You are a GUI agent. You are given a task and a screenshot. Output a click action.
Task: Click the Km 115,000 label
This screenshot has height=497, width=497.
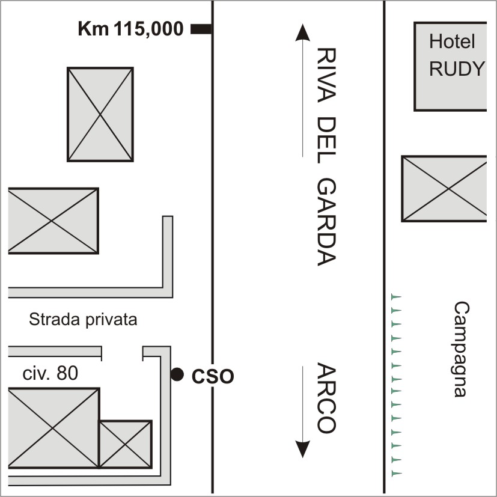[x=130, y=28]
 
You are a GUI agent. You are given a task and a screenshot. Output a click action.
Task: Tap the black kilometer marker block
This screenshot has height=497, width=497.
[x=201, y=28]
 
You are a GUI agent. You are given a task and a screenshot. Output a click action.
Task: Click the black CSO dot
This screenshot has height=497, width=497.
[x=177, y=374]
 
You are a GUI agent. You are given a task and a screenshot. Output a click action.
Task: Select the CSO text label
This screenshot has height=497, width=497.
[x=212, y=377]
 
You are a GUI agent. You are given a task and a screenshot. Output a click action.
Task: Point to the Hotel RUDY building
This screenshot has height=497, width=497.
[x=450, y=67]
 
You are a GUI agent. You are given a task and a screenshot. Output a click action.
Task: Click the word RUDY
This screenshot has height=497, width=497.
[x=457, y=70]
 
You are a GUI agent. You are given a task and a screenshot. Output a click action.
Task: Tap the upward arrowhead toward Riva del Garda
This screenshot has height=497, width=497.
[x=303, y=32]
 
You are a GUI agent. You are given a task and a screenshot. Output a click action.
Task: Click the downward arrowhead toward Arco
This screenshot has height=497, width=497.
[x=303, y=448]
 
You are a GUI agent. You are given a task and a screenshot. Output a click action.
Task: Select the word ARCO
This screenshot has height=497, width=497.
[x=325, y=398]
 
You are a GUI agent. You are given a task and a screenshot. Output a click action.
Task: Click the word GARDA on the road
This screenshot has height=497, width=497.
[x=325, y=222]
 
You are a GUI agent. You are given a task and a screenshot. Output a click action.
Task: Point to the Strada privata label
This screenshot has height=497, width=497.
[x=83, y=320]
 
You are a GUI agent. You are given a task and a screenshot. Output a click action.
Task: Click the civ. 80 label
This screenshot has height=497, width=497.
[x=50, y=373]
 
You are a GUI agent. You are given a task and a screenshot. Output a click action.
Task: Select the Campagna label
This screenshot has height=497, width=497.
[x=460, y=349]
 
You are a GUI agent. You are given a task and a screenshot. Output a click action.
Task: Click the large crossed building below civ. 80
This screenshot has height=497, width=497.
[x=53, y=428]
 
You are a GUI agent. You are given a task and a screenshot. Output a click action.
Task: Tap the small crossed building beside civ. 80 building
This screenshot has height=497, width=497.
[x=125, y=444]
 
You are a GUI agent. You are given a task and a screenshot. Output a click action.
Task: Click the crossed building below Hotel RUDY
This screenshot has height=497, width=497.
[x=445, y=189]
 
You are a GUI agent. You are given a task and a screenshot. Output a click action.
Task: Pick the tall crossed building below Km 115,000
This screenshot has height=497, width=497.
[x=100, y=114]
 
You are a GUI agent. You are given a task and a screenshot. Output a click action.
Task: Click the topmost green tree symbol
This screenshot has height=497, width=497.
[x=395, y=296]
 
